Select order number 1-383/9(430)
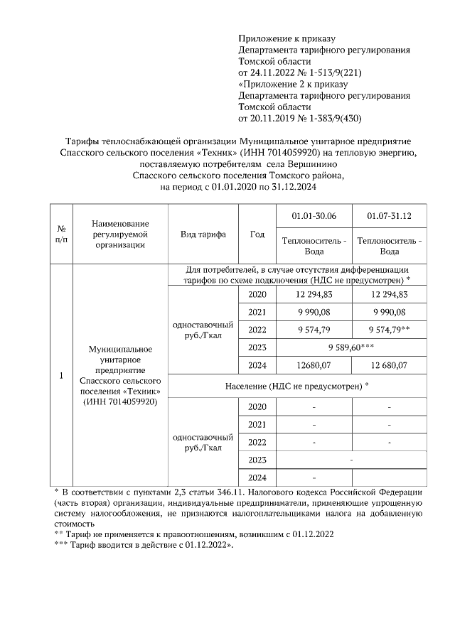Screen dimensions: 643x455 click(x=326, y=118)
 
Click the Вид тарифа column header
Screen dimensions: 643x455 click(x=203, y=234)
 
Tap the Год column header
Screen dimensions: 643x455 click(x=257, y=234)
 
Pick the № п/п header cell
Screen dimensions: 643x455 click(x=61, y=234)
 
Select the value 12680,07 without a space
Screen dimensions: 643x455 click(x=314, y=365)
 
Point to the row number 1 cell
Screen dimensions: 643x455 click(x=61, y=376)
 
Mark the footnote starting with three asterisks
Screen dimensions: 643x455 click(x=154, y=546)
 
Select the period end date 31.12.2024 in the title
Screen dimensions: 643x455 click(x=293, y=187)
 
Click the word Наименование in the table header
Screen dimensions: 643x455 click(x=120, y=224)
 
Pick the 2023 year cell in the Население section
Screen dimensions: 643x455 click(x=257, y=460)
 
